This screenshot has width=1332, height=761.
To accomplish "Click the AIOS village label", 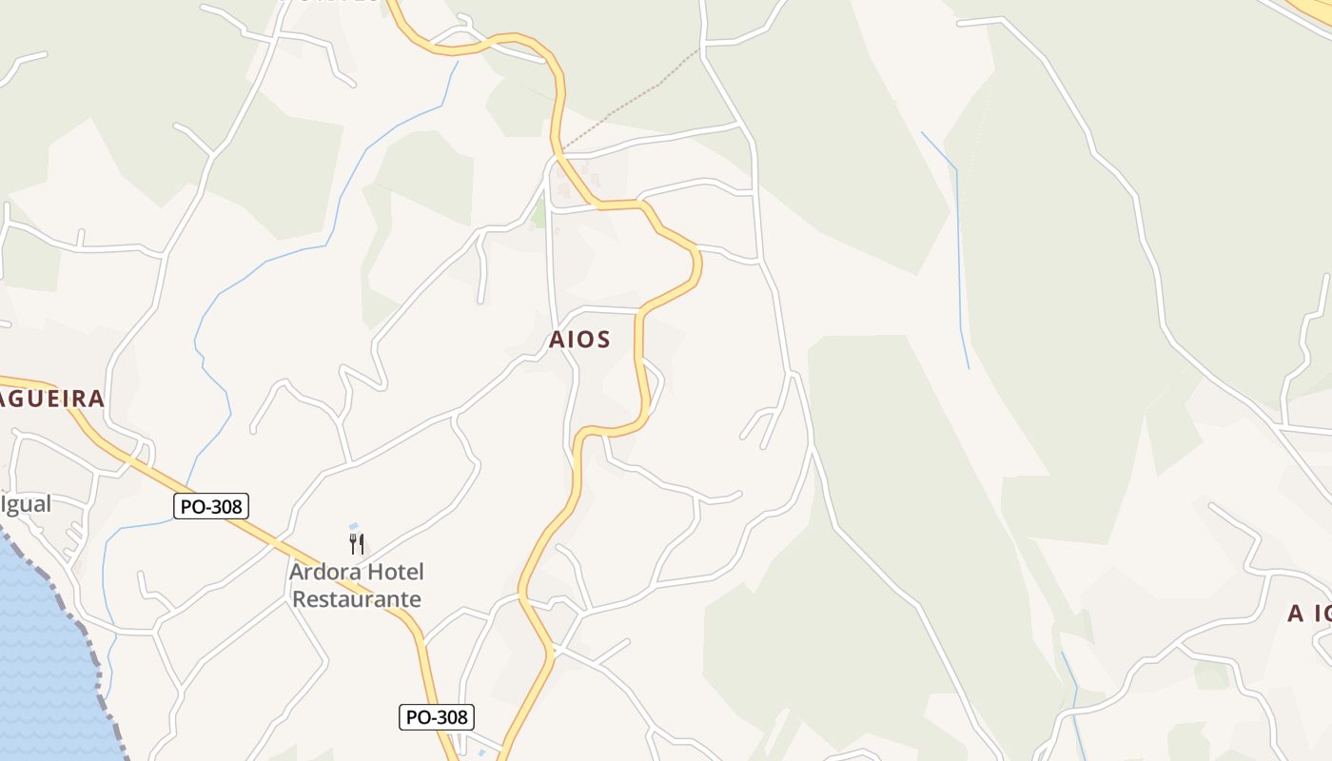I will pyautogui.click(x=579, y=340).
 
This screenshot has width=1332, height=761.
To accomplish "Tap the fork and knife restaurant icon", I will pyautogui.click(x=357, y=544).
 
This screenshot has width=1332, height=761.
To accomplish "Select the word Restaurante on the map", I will pyautogui.click(x=357, y=599).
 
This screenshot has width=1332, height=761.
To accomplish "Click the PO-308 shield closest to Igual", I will pyautogui.click(x=211, y=507).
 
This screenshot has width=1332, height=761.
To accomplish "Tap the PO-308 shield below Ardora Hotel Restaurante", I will pyautogui.click(x=436, y=717).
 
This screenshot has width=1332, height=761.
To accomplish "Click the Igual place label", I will pyautogui.click(x=28, y=503).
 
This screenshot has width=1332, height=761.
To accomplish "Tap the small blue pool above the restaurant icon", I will pyautogui.click(x=354, y=526).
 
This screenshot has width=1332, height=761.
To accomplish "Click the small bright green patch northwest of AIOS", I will pyautogui.click(x=539, y=216).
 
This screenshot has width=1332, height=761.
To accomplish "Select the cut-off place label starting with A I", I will pyautogui.click(x=1309, y=614).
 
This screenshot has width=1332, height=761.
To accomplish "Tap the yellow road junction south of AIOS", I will pyautogui.click(x=550, y=651).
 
